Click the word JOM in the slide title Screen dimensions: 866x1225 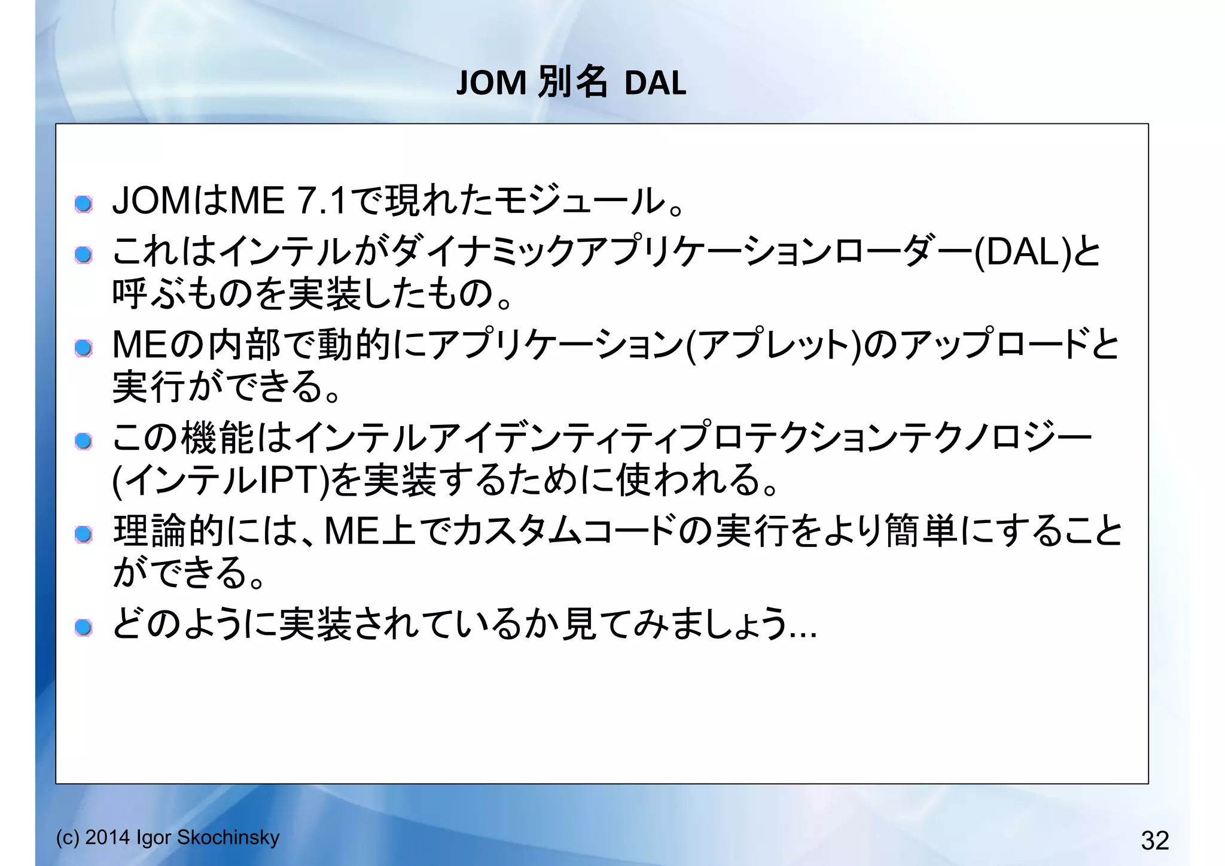491,83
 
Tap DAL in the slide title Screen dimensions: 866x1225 655,83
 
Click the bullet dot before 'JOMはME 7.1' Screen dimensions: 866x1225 84,204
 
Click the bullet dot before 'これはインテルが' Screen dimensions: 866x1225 84,256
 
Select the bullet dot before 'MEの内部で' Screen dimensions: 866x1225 84,348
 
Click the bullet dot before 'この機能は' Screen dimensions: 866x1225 84,441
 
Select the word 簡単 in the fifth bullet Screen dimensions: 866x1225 921,531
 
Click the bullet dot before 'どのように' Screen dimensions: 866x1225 84,627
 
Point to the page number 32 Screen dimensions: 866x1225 1154,840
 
